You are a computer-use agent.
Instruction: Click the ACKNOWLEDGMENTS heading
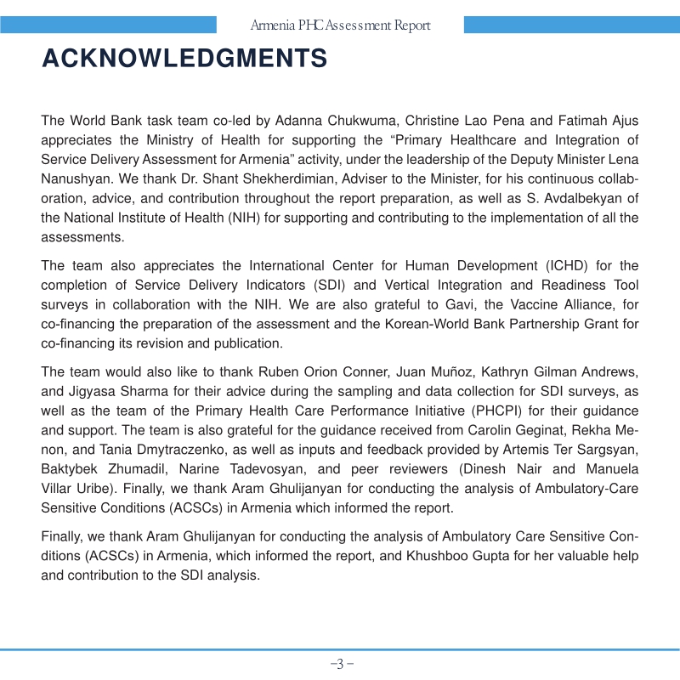pos(184,59)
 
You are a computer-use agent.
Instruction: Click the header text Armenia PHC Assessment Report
pos(340,25)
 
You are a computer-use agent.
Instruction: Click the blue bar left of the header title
pos(128,25)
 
